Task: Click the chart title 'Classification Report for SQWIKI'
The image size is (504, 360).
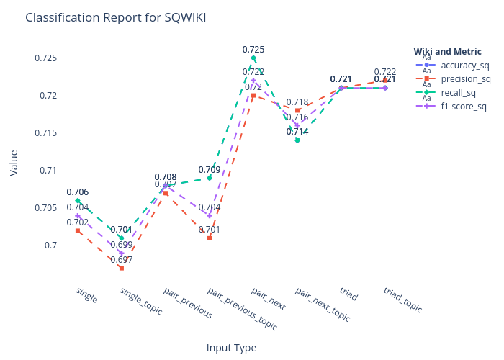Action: point(116,17)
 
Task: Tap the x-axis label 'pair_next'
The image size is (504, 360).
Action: point(269,299)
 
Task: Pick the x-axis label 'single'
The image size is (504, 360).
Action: point(86,294)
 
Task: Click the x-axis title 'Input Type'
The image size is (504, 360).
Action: point(231,348)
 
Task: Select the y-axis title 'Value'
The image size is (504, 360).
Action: point(14,163)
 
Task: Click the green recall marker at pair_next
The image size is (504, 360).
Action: point(253,58)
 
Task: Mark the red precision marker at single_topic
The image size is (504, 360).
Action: point(122,268)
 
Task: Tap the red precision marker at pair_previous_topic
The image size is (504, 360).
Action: point(210,238)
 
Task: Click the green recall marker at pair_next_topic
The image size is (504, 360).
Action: point(297,140)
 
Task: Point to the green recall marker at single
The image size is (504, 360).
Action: point(78,200)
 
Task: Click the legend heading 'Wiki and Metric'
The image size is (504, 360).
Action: point(447,51)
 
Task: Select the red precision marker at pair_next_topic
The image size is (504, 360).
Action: point(297,110)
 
